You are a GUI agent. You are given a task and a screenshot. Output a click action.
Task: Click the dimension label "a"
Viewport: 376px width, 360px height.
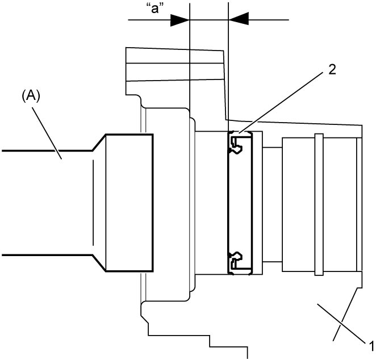tap(155, 9)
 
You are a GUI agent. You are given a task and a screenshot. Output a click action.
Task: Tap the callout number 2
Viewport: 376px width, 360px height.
tap(332, 70)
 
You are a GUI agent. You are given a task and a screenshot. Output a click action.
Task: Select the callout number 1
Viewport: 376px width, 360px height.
tap(371, 346)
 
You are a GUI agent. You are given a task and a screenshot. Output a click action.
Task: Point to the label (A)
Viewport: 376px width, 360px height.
tap(31, 97)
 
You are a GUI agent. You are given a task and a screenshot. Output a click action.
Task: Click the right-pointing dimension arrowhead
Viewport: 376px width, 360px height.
tap(180, 20)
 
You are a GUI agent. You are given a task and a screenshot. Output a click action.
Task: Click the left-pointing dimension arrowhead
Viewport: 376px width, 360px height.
tap(239, 19)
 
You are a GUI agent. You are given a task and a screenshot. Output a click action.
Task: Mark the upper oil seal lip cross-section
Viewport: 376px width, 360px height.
tap(236, 143)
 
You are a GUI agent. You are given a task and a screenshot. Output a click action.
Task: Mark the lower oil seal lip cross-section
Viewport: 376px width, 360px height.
tap(236, 263)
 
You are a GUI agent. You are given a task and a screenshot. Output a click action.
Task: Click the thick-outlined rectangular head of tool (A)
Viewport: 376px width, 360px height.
tap(129, 203)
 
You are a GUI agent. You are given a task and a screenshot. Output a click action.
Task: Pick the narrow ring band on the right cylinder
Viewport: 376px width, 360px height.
tap(319, 204)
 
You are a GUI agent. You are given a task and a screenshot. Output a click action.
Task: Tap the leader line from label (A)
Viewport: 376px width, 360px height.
tap(47, 133)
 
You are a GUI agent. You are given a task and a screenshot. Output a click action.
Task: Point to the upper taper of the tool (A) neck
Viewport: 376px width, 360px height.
tap(99, 143)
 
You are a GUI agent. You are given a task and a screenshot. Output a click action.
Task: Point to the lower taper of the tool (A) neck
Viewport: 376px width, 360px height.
tap(99, 263)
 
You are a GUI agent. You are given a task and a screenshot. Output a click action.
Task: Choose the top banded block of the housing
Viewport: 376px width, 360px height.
tap(174, 65)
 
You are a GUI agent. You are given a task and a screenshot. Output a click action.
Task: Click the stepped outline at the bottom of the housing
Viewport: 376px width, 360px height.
tap(194, 331)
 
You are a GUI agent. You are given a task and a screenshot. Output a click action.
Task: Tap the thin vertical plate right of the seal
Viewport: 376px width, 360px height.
tap(257, 203)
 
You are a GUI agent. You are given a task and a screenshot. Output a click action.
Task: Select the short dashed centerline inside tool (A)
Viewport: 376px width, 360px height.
tap(93, 203)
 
